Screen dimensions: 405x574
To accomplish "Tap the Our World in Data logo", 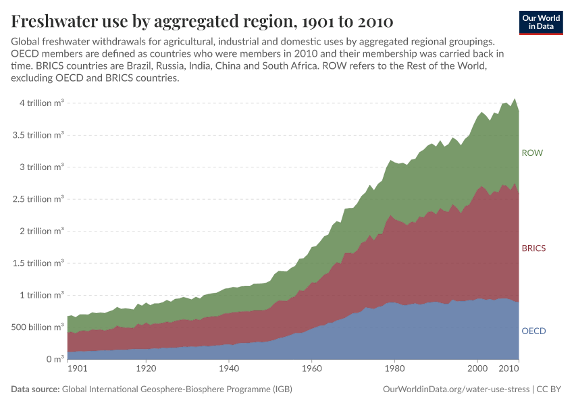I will click(x=541, y=22).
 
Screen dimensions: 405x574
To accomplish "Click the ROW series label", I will click(x=532, y=153).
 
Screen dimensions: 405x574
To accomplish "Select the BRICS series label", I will click(x=533, y=248).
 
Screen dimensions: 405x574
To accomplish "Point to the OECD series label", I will click(x=533, y=331).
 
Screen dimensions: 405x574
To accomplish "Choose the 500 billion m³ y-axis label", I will click(x=36, y=327).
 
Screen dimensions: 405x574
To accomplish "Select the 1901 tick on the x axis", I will click(x=76, y=370).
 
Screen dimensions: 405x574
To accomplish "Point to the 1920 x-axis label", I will click(x=146, y=370).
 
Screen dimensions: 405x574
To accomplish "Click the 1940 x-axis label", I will click(x=229, y=370).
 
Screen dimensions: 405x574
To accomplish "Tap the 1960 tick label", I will click(x=311, y=370).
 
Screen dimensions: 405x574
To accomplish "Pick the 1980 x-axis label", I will click(x=394, y=370).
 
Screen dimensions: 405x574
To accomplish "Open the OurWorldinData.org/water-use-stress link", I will click(x=456, y=389).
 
